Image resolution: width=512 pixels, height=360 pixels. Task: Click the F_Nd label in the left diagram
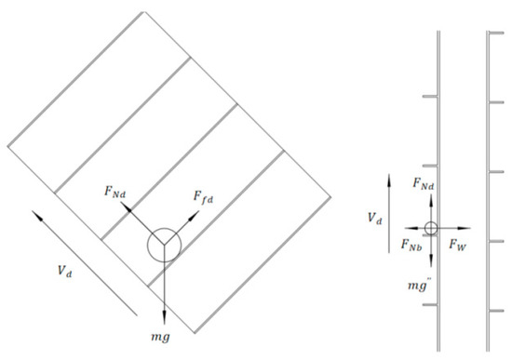(115, 191)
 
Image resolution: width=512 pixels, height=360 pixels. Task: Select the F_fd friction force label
(203, 197)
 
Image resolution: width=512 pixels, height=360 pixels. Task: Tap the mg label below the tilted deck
(161, 337)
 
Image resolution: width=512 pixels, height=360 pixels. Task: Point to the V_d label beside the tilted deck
(64, 271)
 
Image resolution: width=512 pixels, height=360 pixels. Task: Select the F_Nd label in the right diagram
(424, 183)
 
